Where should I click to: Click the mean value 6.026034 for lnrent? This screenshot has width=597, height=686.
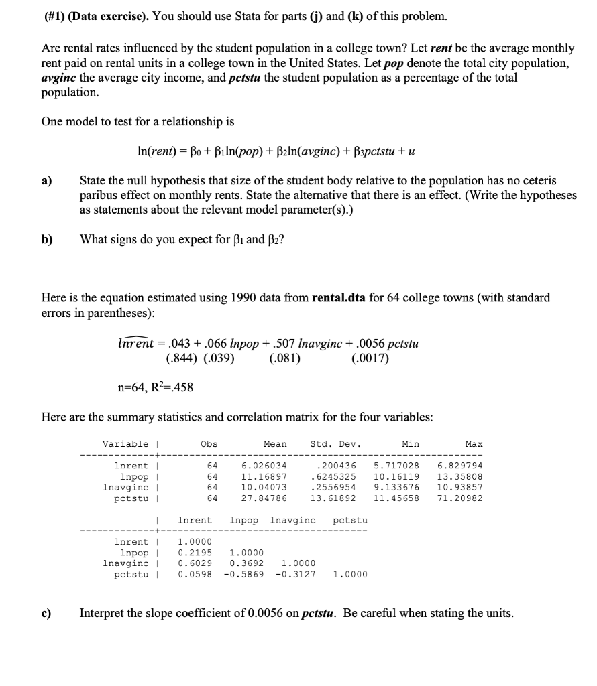point(264,466)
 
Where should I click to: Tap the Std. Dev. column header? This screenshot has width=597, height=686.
point(335,444)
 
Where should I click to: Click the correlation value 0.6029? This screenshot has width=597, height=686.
point(195,563)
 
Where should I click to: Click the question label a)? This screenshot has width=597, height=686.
point(48,181)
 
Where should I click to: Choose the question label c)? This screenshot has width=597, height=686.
point(48,612)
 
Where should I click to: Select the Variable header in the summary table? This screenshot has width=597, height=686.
point(125,444)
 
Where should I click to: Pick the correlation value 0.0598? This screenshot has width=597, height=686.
point(195,574)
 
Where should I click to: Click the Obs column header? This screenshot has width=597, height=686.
point(209,444)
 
